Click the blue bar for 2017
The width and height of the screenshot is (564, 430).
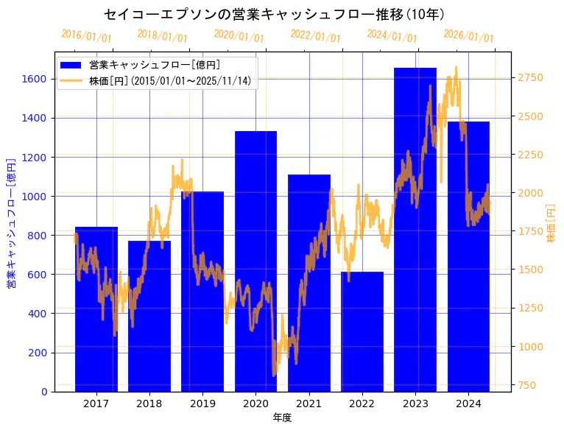point(96,309)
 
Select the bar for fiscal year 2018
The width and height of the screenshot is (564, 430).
point(149,317)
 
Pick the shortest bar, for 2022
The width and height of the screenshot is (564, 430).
point(362,332)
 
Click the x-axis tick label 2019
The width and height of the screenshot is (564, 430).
point(202,403)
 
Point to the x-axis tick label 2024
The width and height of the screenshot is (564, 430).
point(468,403)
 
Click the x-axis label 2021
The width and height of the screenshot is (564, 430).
point(309,403)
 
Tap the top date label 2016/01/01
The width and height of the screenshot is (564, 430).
point(86,35)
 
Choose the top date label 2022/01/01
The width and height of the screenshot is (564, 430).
point(316,35)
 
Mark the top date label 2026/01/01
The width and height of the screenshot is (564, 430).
point(469,35)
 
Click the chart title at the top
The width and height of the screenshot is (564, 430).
point(274,14)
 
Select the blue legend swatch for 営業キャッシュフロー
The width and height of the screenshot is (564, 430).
point(71,65)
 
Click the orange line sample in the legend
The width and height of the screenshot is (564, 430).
point(71,80)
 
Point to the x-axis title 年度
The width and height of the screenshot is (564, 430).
point(282,417)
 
